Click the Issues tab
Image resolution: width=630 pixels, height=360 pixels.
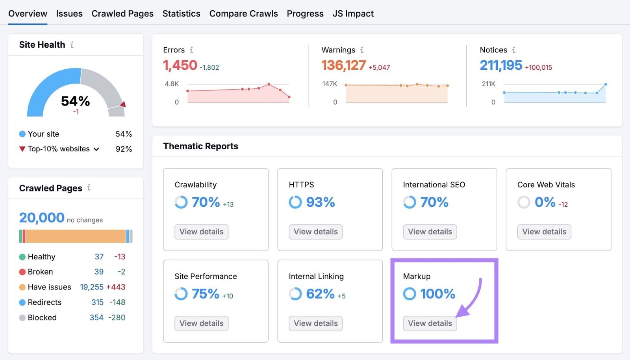69,14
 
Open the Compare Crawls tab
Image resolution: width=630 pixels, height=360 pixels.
243,14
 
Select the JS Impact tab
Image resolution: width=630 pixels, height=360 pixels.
353,14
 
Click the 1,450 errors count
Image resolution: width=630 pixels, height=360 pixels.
180,65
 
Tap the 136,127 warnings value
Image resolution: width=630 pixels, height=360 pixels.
343,65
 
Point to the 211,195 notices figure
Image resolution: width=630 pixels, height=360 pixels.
500,65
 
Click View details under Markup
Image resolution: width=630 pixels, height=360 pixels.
430,323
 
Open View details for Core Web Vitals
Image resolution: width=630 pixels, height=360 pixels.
544,232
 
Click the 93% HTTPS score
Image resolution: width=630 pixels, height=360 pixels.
320,202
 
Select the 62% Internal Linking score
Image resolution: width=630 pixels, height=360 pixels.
320,294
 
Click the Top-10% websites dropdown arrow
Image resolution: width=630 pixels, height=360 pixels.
96,149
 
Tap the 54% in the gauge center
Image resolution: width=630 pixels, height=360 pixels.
75,101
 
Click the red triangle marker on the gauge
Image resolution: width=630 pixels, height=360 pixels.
123,104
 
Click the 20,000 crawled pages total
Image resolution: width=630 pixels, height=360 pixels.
42,218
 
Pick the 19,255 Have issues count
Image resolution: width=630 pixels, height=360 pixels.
92,287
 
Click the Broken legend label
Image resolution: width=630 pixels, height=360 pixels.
40,272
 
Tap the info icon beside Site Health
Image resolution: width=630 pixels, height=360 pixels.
72,45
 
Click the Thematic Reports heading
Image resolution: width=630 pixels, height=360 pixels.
200,146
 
